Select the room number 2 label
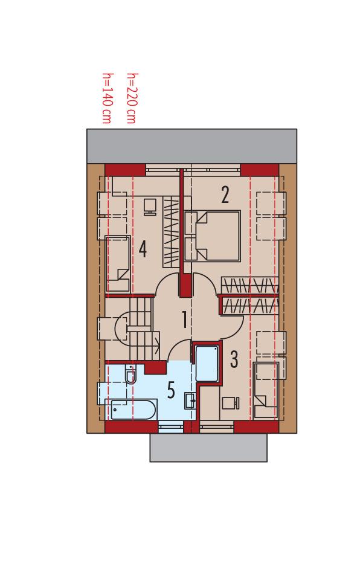coord(225,195)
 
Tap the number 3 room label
coord(234,359)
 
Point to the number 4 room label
coord(143,248)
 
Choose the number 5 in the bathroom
coord(171,391)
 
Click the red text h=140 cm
coord(107,98)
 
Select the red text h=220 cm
coord(131,98)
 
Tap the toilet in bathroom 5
coord(130,376)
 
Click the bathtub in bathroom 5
coord(131,411)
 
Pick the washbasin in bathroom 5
coord(190,399)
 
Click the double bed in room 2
coord(213,236)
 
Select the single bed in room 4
coord(118,263)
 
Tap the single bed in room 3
coord(266,389)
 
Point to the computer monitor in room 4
coord(150,207)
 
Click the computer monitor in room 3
coord(230,402)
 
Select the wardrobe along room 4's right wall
coord(171,233)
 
